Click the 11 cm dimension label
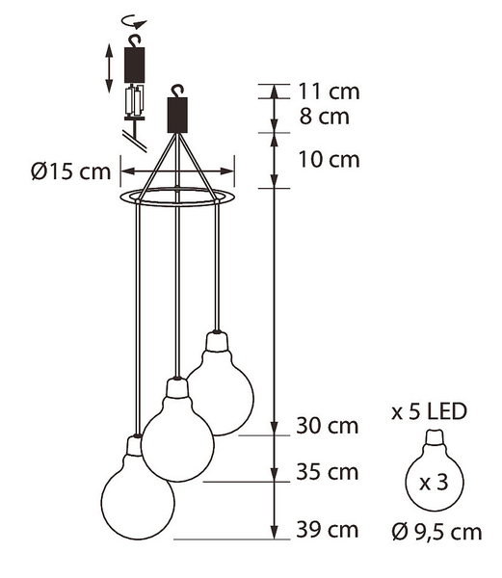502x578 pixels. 329,92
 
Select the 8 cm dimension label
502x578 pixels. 324,117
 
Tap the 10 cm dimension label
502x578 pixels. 329,160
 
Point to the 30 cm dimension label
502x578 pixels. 328,426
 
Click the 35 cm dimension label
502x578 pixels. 328,472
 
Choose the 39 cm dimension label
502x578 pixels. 328,530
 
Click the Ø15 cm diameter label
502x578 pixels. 70,171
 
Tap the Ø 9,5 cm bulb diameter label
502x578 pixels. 436,532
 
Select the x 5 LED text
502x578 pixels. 429,411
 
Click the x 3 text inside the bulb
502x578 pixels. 434,483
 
